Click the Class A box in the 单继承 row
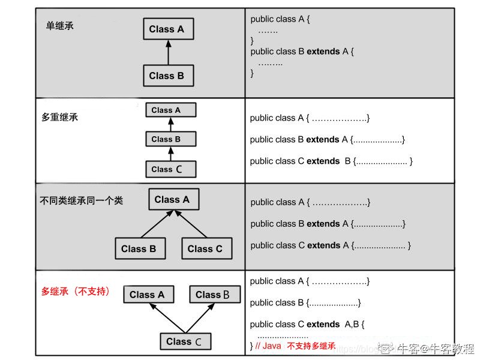coord(167,29)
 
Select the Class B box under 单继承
coord(167,76)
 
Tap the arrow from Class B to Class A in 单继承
coord(168,53)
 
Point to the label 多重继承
coord(60,117)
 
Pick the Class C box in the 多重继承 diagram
coord(170,169)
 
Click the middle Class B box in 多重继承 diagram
coord(170,139)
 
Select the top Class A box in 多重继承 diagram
coord(170,110)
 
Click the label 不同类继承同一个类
coord(81,200)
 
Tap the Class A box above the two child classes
coord(173,199)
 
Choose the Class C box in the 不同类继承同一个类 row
coord(205,248)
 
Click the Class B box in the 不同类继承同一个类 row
coord(139,248)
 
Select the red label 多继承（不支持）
coord(76,292)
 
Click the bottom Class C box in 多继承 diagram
coord(185,341)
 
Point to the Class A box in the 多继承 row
coord(148,295)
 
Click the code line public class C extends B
coord(331,161)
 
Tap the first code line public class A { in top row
coord(280,19)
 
